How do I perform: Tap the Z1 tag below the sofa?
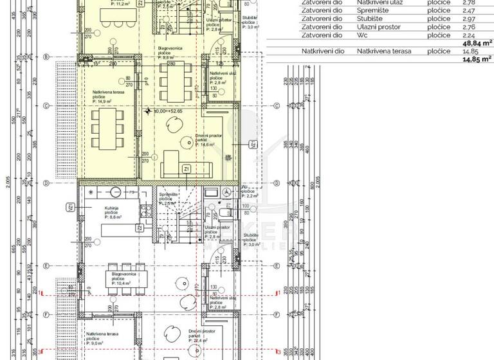click(x=186, y=168)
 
